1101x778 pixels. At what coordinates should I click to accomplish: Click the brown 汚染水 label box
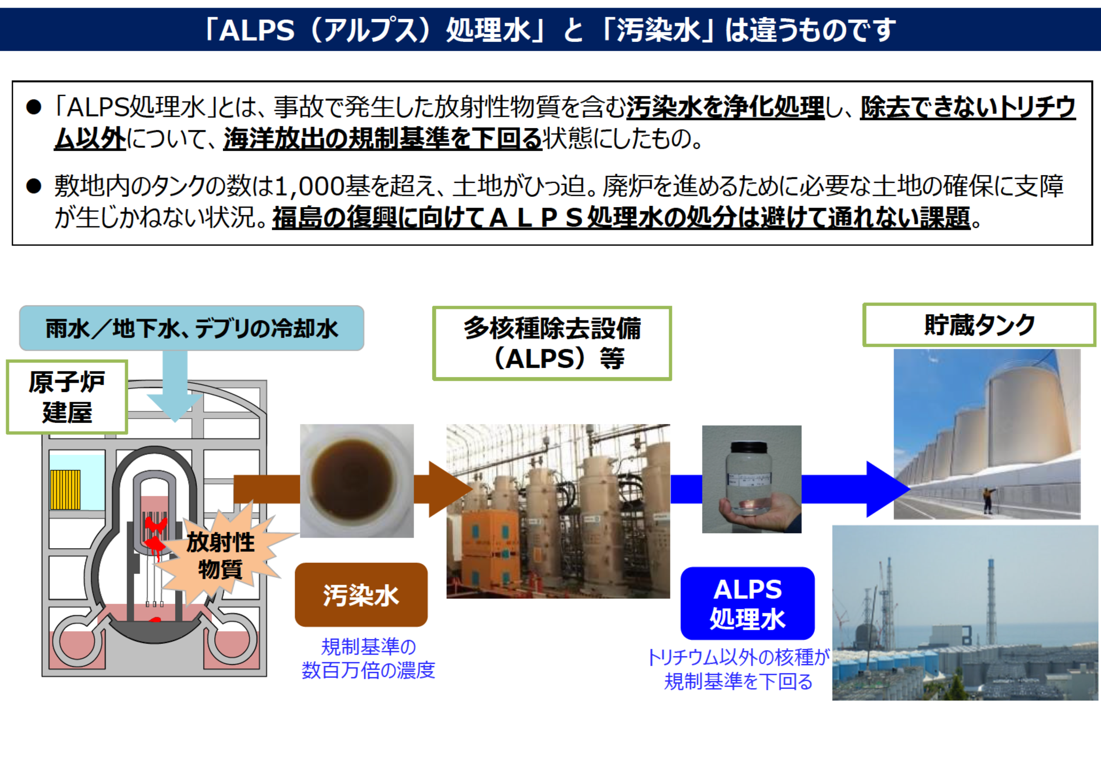[x=361, y=595]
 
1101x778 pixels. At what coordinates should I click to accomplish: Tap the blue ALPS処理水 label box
[x=748, y=603]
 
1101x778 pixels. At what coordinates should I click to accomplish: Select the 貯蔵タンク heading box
[x=979, y=325]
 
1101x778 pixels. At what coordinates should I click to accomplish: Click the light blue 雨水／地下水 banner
[x=192, y=328]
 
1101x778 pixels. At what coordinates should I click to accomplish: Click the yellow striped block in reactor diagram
[x=65, y=490]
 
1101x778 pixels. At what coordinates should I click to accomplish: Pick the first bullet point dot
[x=34, y=107]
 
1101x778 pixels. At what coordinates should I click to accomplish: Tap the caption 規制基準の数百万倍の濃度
[x=368, y=659]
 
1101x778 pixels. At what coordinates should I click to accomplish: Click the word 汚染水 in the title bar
[x=658, y=30]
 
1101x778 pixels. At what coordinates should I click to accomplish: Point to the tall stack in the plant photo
[x=992, y=601]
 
